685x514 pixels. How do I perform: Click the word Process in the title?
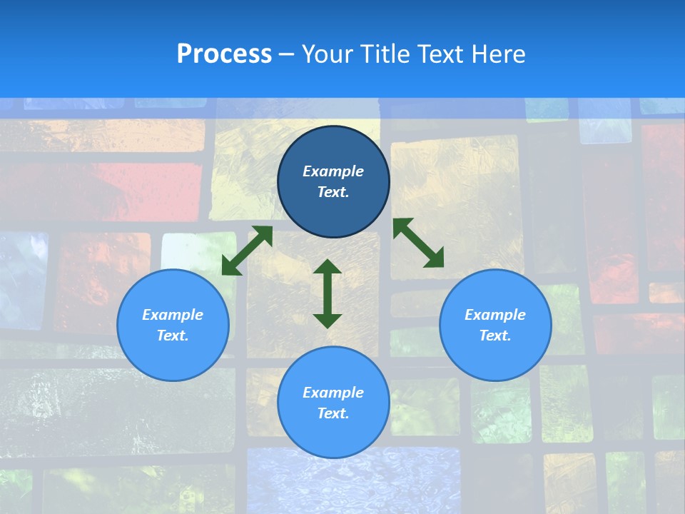click(x=224, y=54)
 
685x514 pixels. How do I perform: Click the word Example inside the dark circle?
click(x=333, y=171)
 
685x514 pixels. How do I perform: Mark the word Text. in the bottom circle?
click(x=333, y=413)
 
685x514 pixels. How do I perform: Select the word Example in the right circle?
click(x=495, y=315)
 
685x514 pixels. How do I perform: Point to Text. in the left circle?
click(x=173, y=336)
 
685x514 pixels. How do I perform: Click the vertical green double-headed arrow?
click(x=328, y=293)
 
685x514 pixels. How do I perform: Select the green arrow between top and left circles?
click(x=247, y=251)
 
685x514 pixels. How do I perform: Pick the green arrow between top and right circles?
click(x=419, y=243)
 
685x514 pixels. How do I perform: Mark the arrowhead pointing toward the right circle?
click(x=434, y=258)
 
